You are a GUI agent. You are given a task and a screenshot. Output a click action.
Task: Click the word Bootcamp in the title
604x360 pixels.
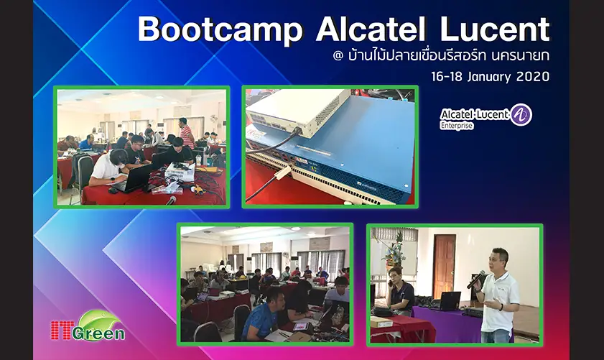(220, 29)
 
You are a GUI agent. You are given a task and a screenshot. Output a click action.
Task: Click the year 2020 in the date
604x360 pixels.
(533, 76)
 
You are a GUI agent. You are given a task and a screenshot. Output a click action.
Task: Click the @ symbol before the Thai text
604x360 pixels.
(338, 56)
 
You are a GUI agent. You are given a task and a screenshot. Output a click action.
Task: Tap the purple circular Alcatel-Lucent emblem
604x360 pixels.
(521, 114)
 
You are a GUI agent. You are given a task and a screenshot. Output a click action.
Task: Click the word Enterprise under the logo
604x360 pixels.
(457, 126)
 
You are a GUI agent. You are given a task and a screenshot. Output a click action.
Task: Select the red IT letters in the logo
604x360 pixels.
(61, 331)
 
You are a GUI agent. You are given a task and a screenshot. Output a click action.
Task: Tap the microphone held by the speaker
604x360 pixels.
(476, 279)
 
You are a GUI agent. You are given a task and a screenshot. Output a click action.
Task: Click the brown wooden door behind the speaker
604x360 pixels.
(444, 267)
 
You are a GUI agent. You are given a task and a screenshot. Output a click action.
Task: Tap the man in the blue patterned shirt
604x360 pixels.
(264, 315)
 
